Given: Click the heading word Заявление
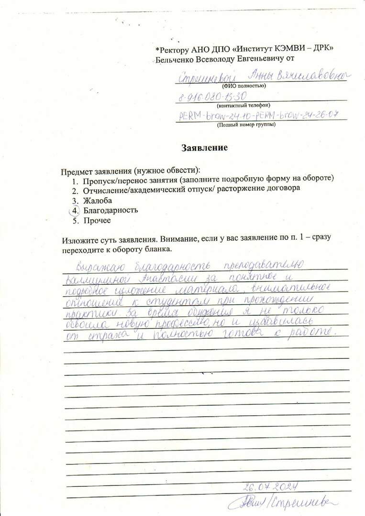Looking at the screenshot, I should point(204,148).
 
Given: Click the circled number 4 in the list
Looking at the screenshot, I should point(74,210).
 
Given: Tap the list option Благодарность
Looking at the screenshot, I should point(111,210).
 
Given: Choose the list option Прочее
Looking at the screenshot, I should point(97,220).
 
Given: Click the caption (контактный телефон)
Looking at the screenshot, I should point(243,105).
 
